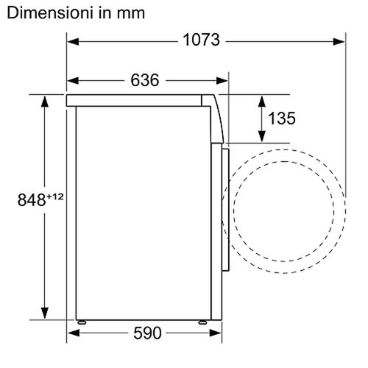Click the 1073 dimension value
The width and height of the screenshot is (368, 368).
[201, 40]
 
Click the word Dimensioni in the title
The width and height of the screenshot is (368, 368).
[50, 13]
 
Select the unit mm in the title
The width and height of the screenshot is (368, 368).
[128, 13]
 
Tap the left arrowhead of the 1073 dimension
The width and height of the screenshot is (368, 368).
[72, 40]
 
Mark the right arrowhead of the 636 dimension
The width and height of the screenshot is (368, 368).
[223, 80]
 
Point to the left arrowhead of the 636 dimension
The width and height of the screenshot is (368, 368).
[72, 80]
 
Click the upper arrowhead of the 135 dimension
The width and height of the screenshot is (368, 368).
[261, 99]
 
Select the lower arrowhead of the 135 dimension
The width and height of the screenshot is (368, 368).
[261, 137]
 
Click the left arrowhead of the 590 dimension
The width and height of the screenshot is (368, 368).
[72, 333]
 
